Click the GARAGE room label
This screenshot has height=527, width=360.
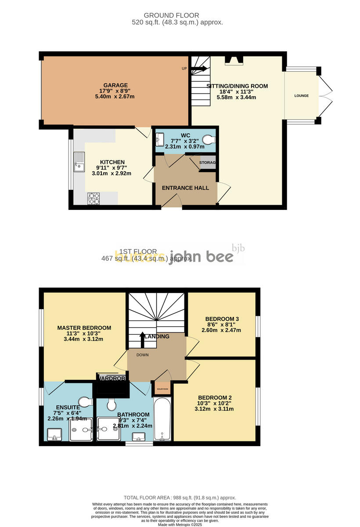point(115,85)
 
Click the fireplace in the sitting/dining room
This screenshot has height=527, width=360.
point(233,61)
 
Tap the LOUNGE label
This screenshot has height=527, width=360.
point(301,96)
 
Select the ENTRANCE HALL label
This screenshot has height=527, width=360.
point(185,188)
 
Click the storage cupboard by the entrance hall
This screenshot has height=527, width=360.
point(208,162)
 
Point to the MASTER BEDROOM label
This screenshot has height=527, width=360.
point(84,328)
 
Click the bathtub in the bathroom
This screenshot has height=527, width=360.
point(162,419)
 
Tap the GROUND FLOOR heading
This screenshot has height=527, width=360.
point(177,15)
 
